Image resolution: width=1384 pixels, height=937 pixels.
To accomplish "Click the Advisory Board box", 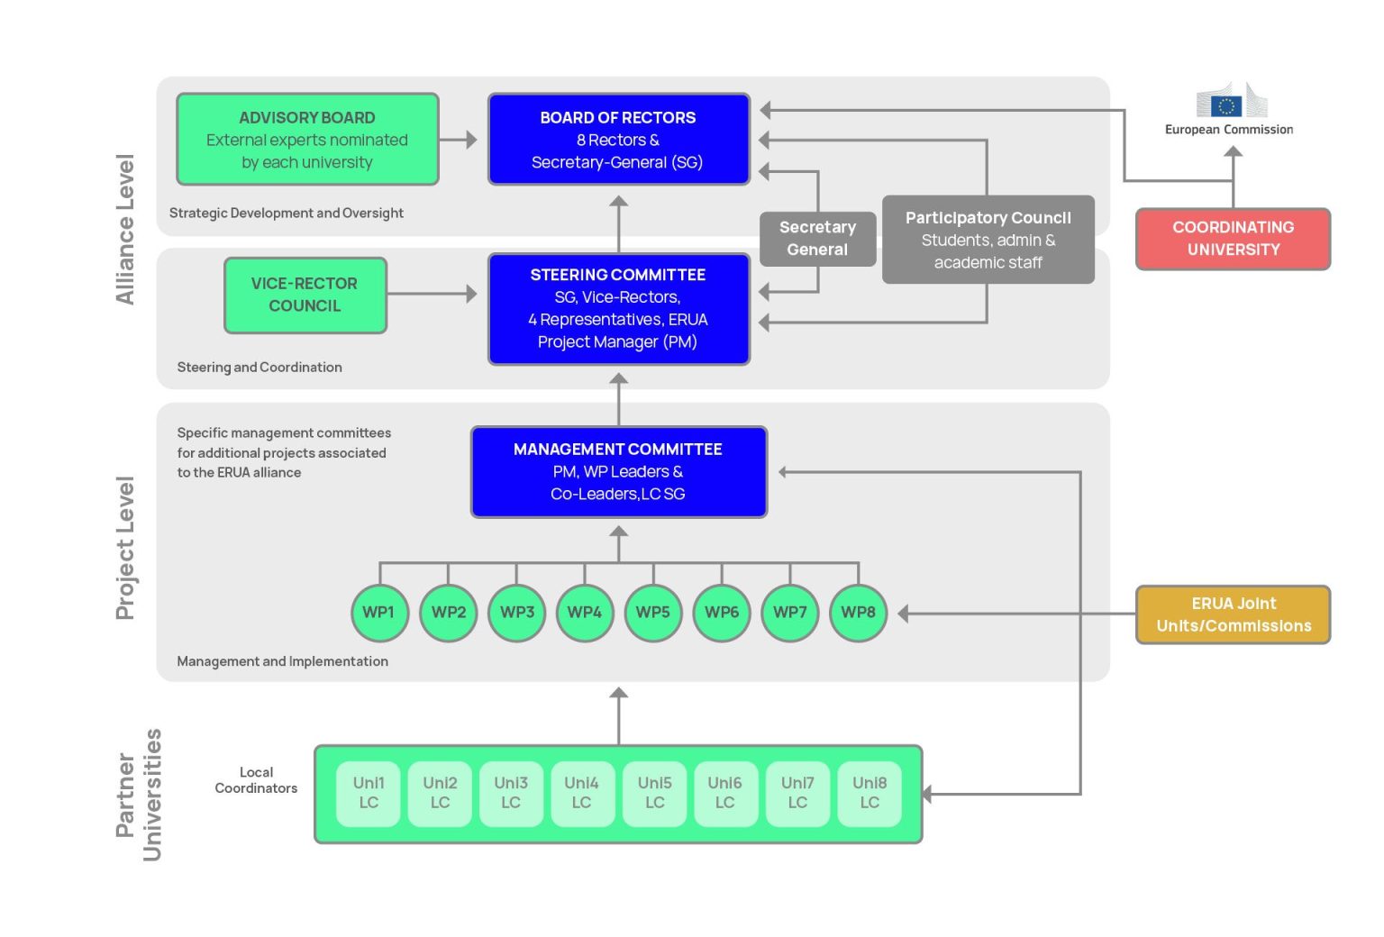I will pyautogui.click(x=307, y=140).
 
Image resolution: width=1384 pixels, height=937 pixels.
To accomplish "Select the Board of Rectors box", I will pyautogui.click(x=618, y=140).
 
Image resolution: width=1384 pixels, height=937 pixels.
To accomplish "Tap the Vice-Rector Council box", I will pyautogui.click(x=305, y=296).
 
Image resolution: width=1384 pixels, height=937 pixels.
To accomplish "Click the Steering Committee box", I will pyautogui.click(x=618, y=309).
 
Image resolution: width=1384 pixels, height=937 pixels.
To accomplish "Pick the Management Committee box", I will pyautogui.click(x=618, y=472).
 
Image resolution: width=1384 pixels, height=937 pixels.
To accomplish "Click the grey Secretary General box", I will pyautogui.click(x=817, y=239).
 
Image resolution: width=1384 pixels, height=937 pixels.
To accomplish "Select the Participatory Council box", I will pyautogui.click(x=988, y=240).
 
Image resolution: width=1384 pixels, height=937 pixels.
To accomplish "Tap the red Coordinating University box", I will pyautogui.click(x=1233, y=239).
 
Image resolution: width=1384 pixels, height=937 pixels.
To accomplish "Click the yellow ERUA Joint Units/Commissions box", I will pyautogui.click(x=1233, y=614).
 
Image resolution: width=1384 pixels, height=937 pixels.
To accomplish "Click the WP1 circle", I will pyautogui.click(x=378, y=613).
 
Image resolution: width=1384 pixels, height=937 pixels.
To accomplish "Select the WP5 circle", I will pyautogui.click(x=652, y=613).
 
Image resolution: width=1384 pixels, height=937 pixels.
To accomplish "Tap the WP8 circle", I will pyautogui.click(x=858, y=613).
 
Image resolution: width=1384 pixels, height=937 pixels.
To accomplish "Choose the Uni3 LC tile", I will pyautogui.click(x=511, y=793).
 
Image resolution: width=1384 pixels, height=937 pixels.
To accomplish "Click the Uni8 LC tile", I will pyautogui.click(x=870, y=793).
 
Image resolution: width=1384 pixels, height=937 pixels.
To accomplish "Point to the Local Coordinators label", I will pyautogui.click(x=256, y=780).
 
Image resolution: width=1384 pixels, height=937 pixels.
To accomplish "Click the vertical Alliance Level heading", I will pyautogui.click(x=125, y=230).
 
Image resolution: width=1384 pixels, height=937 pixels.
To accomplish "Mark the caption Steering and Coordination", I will pyautogui.click(x=259, y=368).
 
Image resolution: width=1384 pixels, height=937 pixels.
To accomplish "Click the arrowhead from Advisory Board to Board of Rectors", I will pyautogui.click(x=471, y=140).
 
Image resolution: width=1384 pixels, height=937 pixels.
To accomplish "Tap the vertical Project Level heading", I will pyautogui.click(x=125, y=548).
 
